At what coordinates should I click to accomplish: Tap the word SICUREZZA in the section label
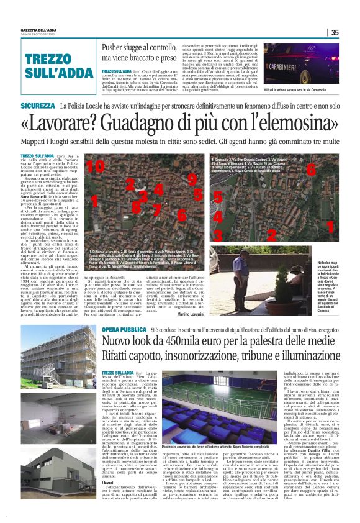click(37, 107)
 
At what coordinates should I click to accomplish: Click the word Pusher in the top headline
click(115, 47)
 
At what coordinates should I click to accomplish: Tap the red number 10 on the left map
click(95, 167)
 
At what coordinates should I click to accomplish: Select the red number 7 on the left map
click(156, 207)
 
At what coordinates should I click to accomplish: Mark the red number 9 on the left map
click(192, 180)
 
